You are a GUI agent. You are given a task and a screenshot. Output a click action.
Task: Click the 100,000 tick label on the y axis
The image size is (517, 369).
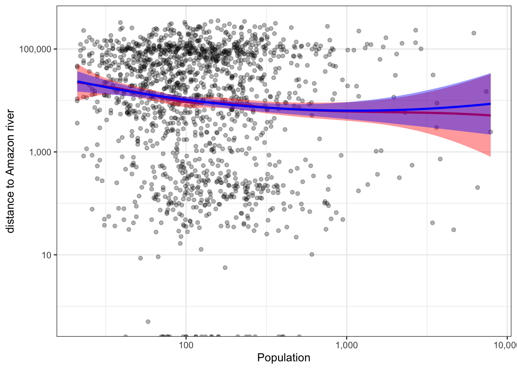(35, 49)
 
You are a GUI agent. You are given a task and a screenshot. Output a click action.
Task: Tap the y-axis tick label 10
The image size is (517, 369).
(46, 255)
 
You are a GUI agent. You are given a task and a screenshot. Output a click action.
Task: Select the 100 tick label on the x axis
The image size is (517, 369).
(186, 344)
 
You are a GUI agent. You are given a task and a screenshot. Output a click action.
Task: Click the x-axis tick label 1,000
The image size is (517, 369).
(347, 344)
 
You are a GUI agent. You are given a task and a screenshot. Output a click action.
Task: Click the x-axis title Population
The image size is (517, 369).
(284, 358)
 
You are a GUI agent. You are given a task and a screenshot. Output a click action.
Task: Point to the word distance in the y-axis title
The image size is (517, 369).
(10, 211)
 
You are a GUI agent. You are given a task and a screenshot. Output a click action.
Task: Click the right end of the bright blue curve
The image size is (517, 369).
(490, 104)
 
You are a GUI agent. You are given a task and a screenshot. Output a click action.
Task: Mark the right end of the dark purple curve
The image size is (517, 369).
(490, 115)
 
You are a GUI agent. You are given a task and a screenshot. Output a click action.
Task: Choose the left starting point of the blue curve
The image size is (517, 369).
(78, 82)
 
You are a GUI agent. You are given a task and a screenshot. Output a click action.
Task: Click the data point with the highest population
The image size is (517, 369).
(490, 132)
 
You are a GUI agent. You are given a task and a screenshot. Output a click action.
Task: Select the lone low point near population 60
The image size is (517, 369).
(148, 321)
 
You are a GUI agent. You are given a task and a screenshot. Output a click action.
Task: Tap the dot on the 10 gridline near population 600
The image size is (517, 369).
(312, 254)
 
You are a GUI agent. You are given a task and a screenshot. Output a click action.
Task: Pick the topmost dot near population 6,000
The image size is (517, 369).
(474, 33)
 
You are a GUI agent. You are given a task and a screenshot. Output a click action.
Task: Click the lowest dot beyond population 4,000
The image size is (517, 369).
(454, 230)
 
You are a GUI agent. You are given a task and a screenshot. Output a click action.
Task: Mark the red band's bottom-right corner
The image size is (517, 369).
(490, 156)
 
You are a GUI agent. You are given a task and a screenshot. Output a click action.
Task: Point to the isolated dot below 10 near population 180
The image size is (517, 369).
(225, 268)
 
